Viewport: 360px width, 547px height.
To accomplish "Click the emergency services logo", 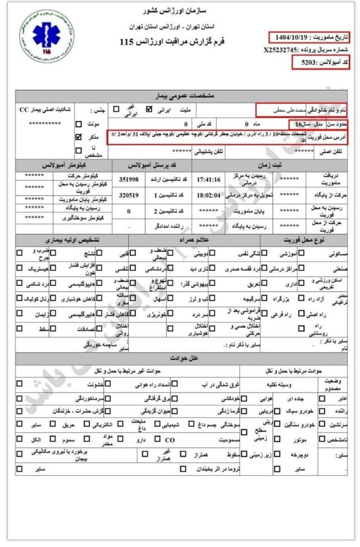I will pos(40,35).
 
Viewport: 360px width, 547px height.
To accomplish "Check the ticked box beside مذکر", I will pos(79,137).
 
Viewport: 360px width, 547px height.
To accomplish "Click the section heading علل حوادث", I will pos(181,357).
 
